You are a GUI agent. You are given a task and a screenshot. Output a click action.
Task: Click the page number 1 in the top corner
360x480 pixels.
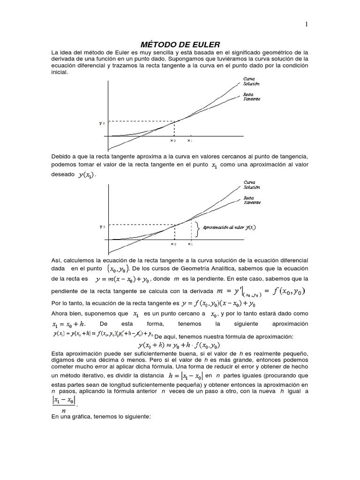tap(306, 25)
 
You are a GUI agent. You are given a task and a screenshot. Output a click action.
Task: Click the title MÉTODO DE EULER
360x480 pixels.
tap(180, 44)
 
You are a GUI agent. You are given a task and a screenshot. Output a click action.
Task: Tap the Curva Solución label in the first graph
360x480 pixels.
tap(251, 81)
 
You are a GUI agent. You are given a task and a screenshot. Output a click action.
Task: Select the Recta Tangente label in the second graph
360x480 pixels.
tap(251, 200)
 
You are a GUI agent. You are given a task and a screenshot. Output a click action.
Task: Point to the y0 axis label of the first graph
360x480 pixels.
tap(101, 123)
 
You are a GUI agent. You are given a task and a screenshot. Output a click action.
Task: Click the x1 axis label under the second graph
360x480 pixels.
tap(190, 244)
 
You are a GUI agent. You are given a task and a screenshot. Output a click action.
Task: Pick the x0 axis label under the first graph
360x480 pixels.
tap(172, 140)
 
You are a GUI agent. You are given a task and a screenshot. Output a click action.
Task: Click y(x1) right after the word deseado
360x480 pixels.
tap(87, 175)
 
